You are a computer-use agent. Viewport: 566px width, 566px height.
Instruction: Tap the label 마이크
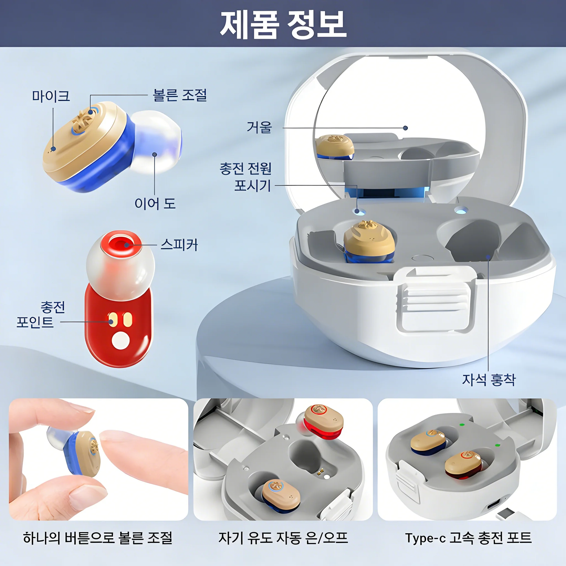[x=51, y=96]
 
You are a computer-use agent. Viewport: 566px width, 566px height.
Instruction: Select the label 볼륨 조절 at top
[x=180, y=95]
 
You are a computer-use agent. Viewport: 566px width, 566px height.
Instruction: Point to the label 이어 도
[x=155, y=204]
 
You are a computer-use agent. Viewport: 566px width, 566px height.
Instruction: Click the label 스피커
[x=179, y=245]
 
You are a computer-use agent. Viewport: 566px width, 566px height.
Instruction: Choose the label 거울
[x=259, y=127]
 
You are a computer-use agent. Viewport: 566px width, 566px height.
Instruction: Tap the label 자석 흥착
[x=489, y=380]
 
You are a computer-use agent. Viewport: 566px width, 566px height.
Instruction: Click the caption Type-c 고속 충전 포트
[x=468, y=538]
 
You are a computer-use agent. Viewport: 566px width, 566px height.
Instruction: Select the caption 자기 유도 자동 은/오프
[x=283, y=538]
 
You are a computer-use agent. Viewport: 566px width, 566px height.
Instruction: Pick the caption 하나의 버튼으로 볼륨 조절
[x=98, y=538]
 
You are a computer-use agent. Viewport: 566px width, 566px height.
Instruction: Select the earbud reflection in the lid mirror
[x=335, y=147]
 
